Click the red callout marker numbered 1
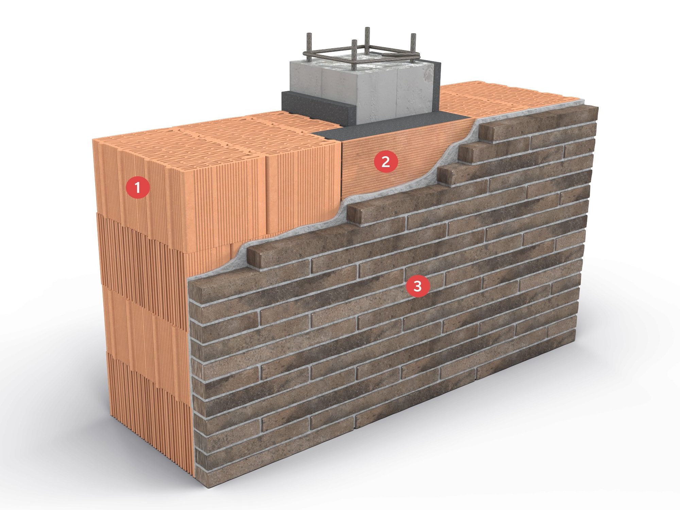137,187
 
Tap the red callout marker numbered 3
418,286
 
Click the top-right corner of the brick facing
598,108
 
